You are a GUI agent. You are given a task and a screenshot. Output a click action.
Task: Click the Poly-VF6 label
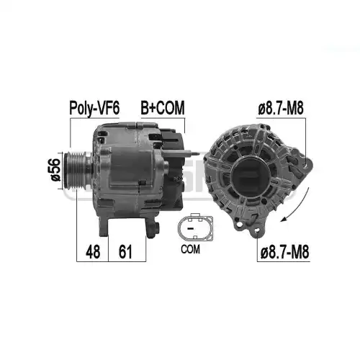point(94,108)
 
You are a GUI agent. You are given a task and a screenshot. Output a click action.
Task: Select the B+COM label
point(163,108)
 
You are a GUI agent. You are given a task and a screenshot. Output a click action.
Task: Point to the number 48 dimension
point(93,252)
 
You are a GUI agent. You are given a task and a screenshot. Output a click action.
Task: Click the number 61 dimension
point(126,252)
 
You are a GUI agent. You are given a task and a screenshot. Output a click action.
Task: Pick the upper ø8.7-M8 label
point(281,108)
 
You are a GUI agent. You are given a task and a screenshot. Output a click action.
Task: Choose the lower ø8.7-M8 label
point(284,252)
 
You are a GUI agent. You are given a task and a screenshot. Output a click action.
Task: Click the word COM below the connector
point(190,249)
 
